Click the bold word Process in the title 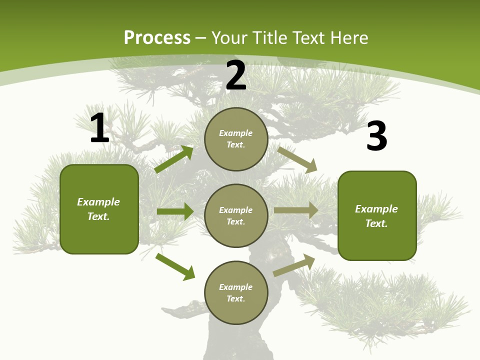pos(157,38)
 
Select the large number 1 pos(99,128)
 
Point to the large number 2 pos(236,75)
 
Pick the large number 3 pos(376,136)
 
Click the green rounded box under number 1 pos(99,209)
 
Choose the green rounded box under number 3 pos(377,215)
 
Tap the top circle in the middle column pos(236,139)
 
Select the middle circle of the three pos(236,215)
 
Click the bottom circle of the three pos(236,292)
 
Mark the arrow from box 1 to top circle pos(173,159)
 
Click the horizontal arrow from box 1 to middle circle pos(175,211)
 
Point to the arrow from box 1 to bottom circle pos(175,266)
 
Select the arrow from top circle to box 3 pos(297,160)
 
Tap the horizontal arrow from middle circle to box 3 pos(296,210)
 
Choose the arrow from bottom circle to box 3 pos(294,265)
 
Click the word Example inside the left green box pos(98,202)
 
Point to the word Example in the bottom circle pos(235,287)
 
